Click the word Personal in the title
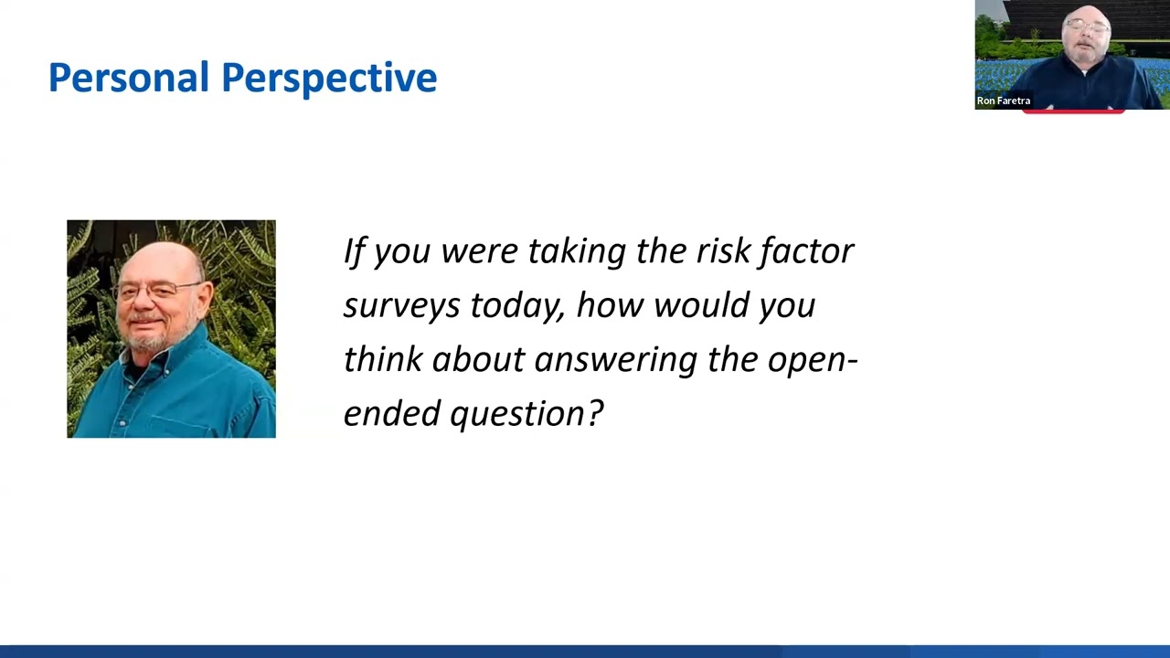tap(129, 78)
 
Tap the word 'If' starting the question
tap(354, 250)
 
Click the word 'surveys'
tap(401, 305)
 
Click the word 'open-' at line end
tap(812, 359)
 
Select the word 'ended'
tap(391, 413)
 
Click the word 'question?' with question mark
tap(526, 414)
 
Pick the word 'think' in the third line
tap(382, 359)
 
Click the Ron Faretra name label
tap(1003, 101)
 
